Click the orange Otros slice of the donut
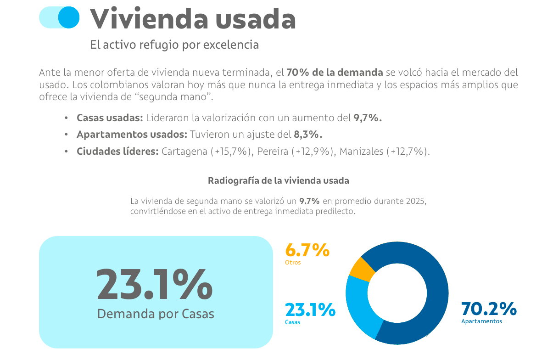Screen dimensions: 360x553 (361, 268)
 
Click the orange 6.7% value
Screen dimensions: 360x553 (307, 250)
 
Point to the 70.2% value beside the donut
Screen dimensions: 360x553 (489, 309)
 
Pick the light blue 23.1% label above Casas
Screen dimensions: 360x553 (310, 310)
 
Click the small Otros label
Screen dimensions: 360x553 (293, 263)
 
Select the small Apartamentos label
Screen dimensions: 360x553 (481, 321)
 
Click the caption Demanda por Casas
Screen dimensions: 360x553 (156, 314)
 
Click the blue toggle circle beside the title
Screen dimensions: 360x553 (69, 17)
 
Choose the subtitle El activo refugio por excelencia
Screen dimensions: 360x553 (174, 45)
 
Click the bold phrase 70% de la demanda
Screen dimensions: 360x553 (335, 72)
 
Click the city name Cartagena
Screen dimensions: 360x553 (184, 152)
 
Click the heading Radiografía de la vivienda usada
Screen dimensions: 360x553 (279, 180)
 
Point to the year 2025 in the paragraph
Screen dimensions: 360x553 (416, 202)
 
